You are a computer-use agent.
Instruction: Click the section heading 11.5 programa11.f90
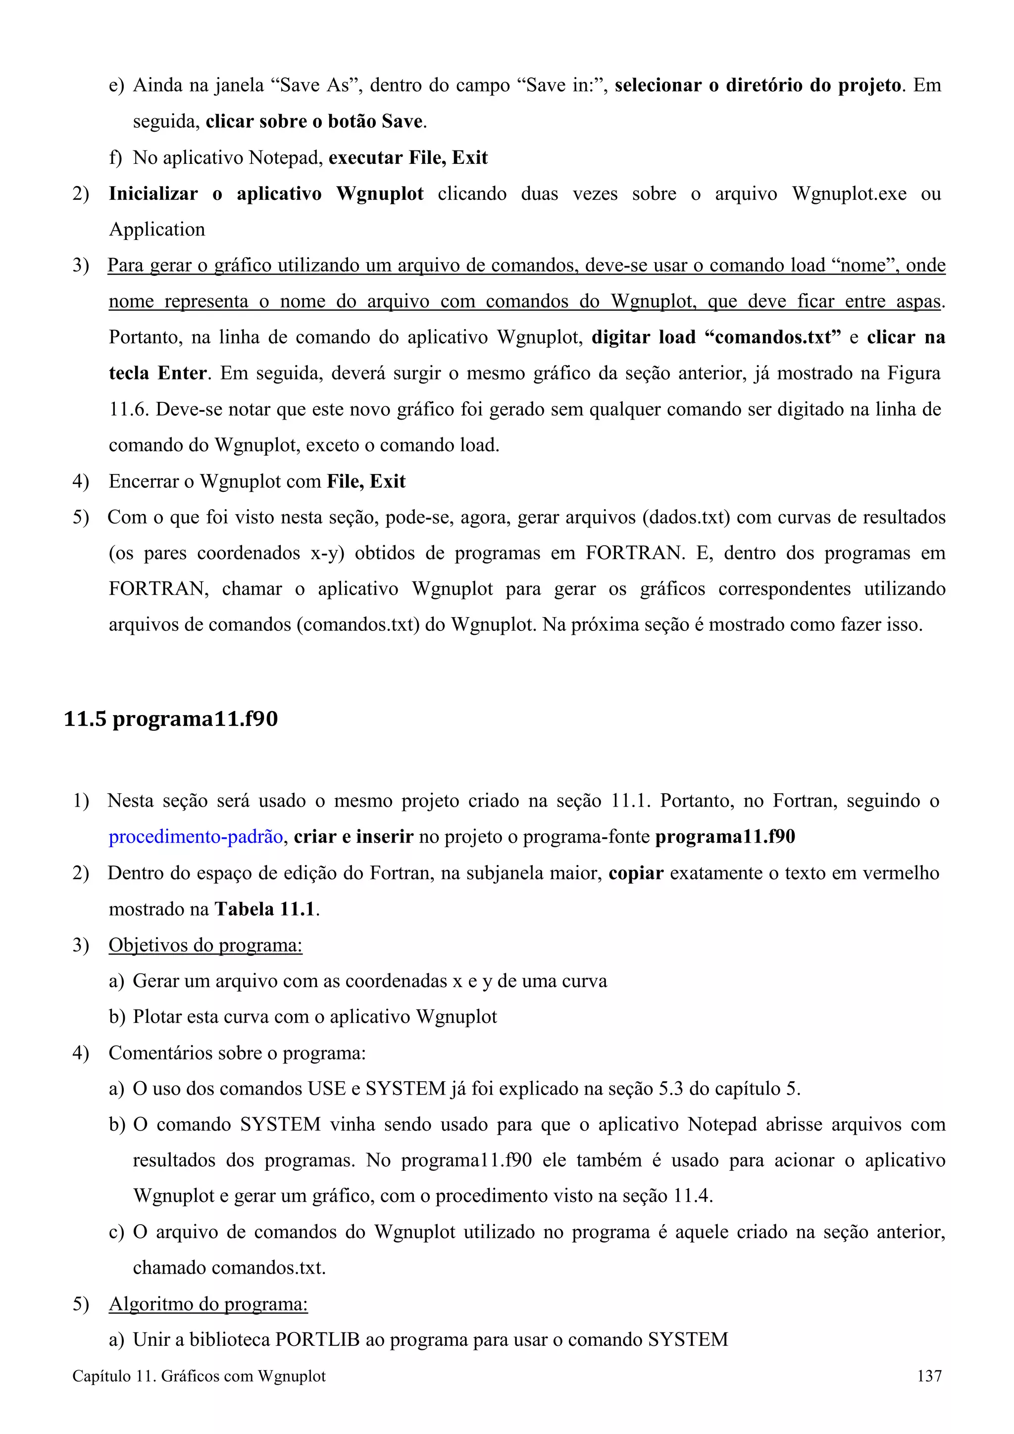click(x=170, y=719)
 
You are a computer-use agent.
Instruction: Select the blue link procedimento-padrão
click(x=196, y=836)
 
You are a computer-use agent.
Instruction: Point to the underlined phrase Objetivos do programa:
click(x=205, y=945)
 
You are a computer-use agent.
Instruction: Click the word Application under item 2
click(x=157, y=229)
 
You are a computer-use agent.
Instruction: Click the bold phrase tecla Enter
click(x=157, y=374)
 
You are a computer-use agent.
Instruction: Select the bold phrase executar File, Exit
click(x=408, y=157)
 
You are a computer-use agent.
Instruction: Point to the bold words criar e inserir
click(x=354, y=836)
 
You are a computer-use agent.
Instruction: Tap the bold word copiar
click(x=635, y=873)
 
